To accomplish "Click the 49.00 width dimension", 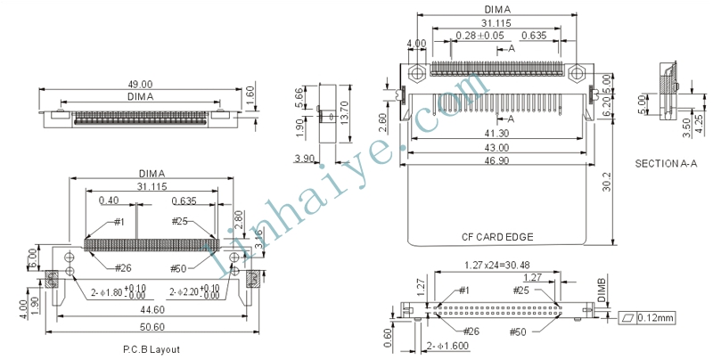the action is [x=140, y=84].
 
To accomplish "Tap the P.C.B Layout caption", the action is [x=152, y=349].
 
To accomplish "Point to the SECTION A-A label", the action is [x=666, y=164].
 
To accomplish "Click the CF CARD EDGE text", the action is [x=497, y=237].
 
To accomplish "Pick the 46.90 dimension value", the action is [x=496, y=160].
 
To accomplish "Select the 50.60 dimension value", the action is [x=152, y=327].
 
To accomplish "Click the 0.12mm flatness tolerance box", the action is [x=647, y=318].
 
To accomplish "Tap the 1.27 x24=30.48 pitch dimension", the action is [x=496, y=265].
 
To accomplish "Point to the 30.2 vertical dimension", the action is [x=607, y=182].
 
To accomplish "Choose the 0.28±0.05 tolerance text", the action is [x=479, y=36].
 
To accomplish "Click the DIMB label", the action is [x=601, y=290].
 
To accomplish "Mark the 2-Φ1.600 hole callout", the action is [x=447, y=346].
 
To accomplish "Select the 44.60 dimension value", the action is [x=152, y=309].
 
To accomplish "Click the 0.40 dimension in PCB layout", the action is [x=109, y=200].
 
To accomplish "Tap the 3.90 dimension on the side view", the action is [x=304, y=159].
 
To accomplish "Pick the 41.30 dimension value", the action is [x=496, y=133].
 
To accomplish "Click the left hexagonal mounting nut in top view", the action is [x=416, y=73].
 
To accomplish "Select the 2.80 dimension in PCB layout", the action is [x=238, y=220].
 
